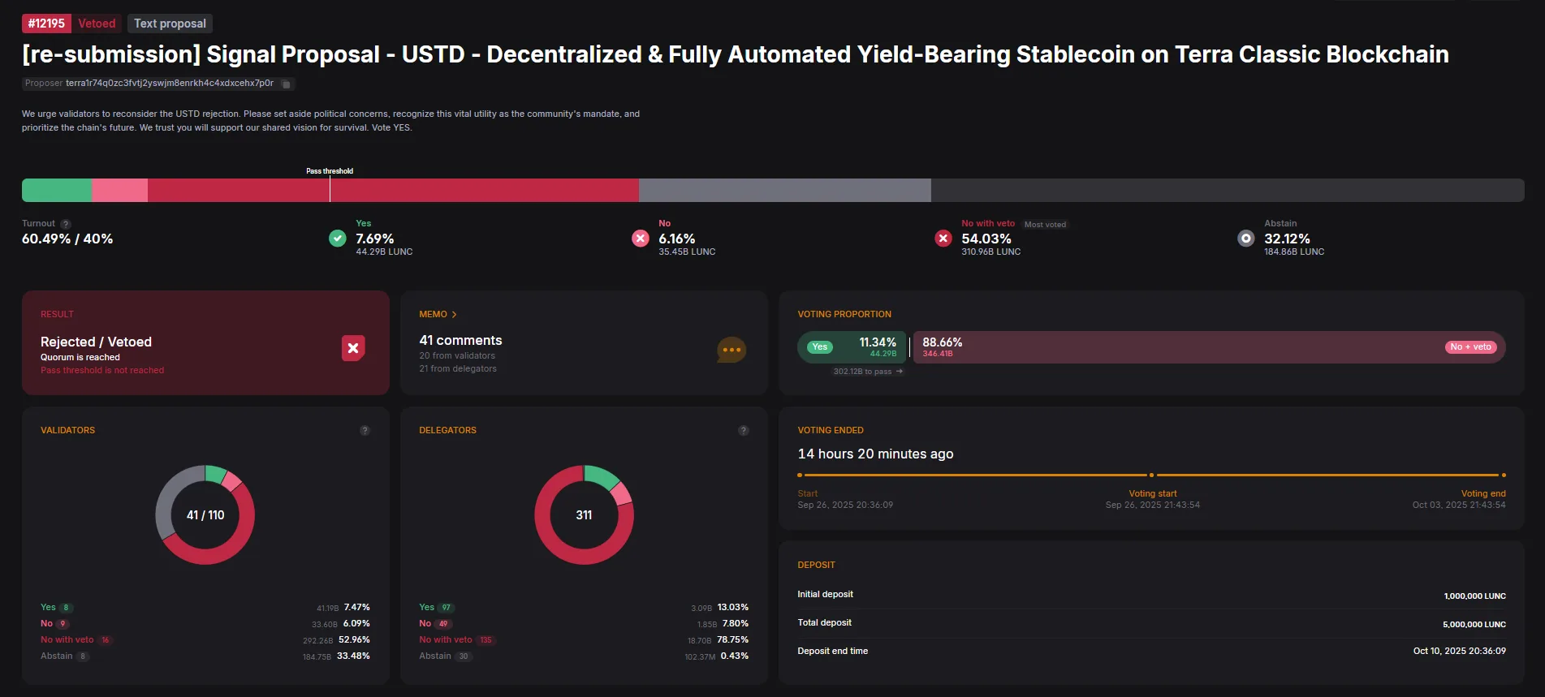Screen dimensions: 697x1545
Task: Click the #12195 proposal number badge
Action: (x=46, y=24)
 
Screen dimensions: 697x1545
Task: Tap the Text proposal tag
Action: (x=170, y=24)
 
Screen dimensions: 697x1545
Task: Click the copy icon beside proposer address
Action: (x=286, y=84)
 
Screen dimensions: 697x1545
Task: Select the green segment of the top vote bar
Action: (x=57, y=190)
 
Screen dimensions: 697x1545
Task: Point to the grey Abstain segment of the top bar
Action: (x=784, y=190)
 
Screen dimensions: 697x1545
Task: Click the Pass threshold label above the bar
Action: (x=330, y=171)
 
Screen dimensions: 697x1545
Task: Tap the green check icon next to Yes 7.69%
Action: (x=338, y=239)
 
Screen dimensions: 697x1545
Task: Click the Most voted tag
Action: (x=1045, y=225)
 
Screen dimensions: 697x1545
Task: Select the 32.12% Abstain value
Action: (x=1287, y=239)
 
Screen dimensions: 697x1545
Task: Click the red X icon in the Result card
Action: (x=353, y=348)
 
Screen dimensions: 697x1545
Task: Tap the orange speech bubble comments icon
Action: (x=731, y=350)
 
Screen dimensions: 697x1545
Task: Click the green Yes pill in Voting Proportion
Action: (x=820, y=347)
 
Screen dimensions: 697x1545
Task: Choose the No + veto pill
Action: (x=1470, y=347)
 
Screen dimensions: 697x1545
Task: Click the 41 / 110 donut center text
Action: (x=205, y=515)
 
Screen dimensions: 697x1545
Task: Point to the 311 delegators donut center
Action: (x=584, y=515)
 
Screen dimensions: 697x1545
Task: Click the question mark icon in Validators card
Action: (x=365, y=430)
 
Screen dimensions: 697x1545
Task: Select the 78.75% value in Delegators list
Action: (x=732, y=639)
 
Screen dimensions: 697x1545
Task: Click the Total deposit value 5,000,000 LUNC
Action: (x=1474, y=625)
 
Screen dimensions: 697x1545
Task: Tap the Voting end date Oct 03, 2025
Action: (x=1458, y=505)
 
